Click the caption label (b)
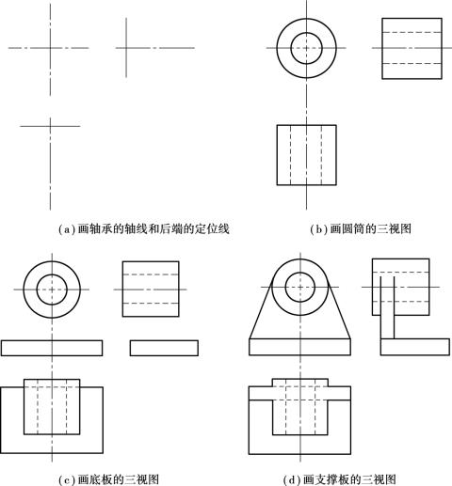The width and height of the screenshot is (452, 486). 319,229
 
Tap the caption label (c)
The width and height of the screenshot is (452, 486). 68,479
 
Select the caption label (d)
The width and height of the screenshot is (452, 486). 293,479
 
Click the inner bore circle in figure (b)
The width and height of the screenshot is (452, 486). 306,33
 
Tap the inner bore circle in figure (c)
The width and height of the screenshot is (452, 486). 52,274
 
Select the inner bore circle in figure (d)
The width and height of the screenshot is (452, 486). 300,273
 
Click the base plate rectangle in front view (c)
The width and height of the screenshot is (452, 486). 52,340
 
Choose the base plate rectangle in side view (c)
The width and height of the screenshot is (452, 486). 164,340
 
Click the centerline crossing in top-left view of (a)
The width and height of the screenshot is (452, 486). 50,48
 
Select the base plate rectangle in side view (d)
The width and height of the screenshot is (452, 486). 415,338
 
